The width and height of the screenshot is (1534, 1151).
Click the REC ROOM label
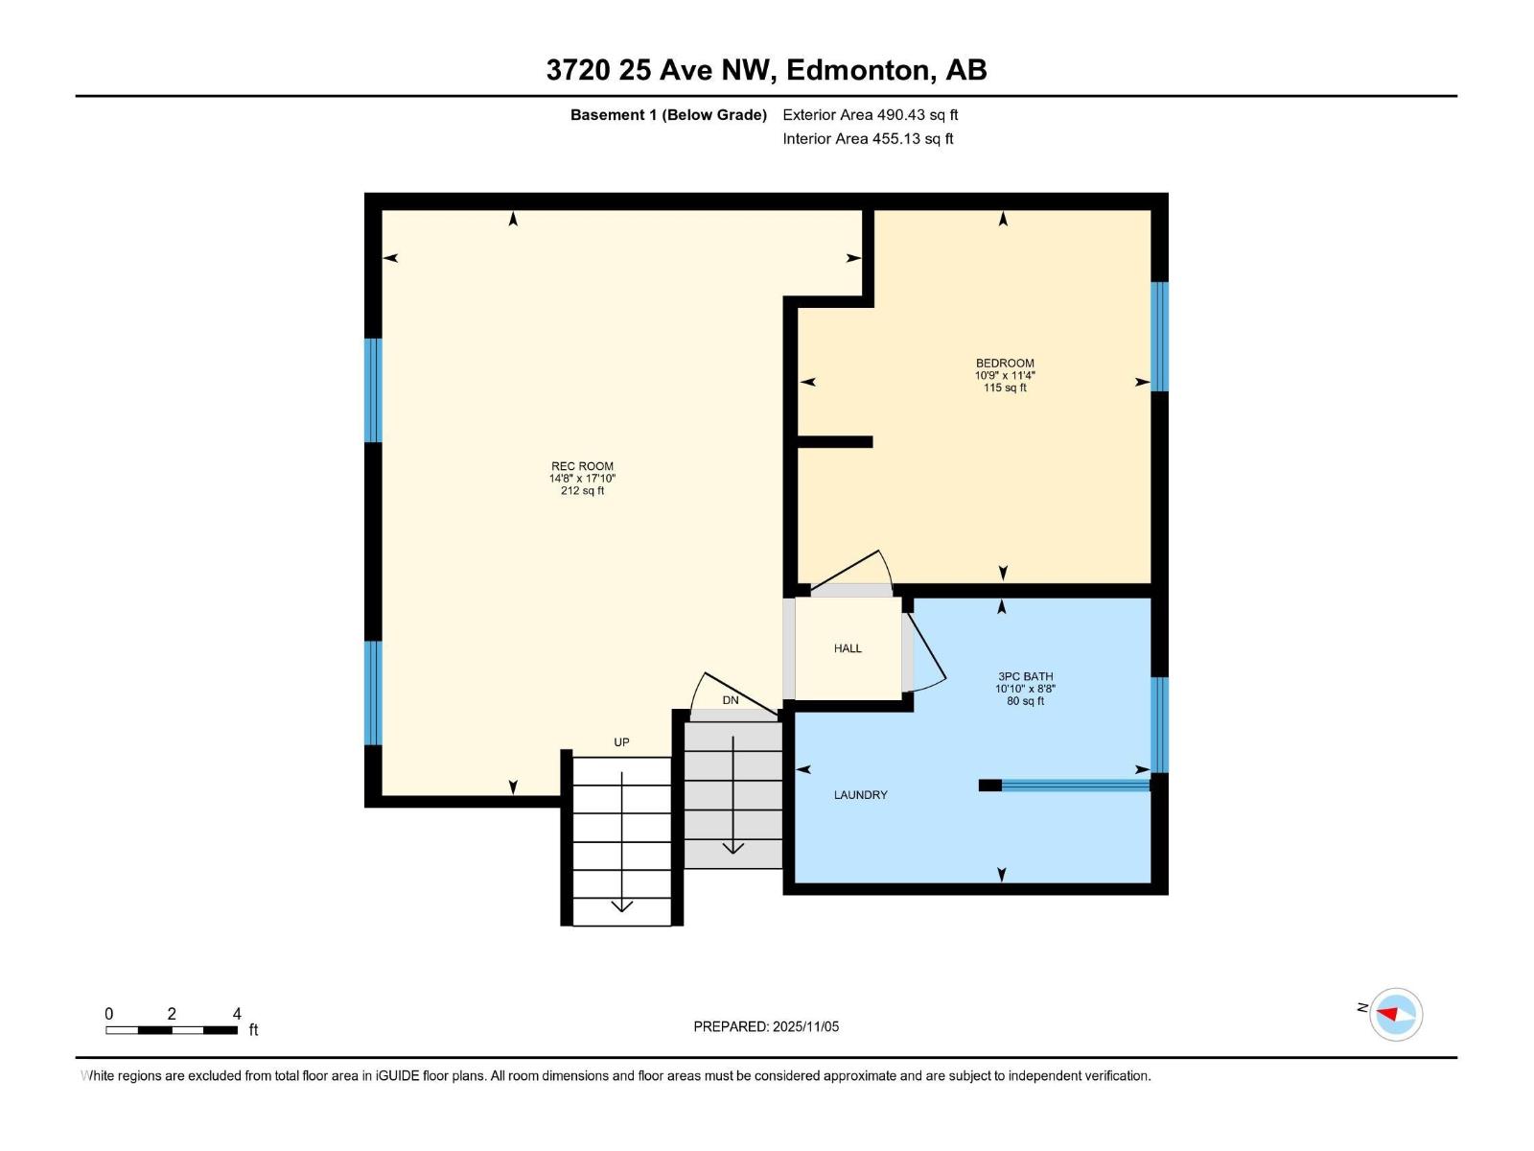pos(582,466)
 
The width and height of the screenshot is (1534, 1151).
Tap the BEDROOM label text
pos(1005,364)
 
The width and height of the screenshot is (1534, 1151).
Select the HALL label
pos(848,648)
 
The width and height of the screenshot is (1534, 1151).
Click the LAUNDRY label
pos(860,795)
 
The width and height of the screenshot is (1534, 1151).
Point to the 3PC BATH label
pos(1025,676)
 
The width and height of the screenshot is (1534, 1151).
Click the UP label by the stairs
pos(621,742)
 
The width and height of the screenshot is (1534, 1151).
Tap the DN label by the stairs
pos(731,700)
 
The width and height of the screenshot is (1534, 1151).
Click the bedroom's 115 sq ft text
pos(1005,388)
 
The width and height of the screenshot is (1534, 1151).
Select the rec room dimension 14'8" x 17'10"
pos(582,479)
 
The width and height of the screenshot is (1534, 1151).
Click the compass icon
pos(1395,1014)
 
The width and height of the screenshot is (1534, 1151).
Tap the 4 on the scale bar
pos(237,1014)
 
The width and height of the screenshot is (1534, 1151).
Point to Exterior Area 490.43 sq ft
pos(870,115)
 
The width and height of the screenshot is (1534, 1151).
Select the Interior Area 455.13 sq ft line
pos(868,139)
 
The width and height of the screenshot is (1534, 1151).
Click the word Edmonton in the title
pos(859,70)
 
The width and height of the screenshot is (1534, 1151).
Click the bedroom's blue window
pos(1159,336)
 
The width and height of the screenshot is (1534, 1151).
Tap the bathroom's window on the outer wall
pos(1159,724)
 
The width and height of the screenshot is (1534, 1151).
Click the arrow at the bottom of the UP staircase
pos(621,904)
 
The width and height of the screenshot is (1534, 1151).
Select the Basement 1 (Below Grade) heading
pos(668,115)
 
